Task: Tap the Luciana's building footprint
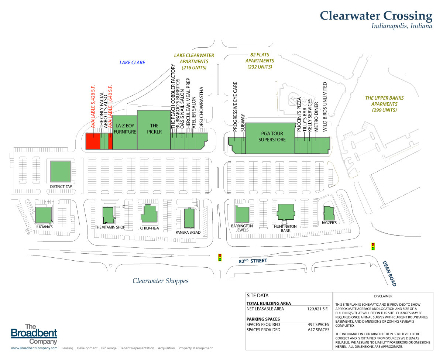(x=43, y=215)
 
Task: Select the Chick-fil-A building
(x=149, y=214)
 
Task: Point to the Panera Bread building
(x=189, y=218)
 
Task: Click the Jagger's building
(x=329, y=213)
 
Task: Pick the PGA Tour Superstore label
(x=272, y=137)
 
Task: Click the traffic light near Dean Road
(x=373, y=246)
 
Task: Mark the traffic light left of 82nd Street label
(x=220, y=257)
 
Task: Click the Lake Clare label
(x=132, y=63)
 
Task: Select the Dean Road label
(x=390, y=274)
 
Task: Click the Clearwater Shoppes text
(x=161, y=281)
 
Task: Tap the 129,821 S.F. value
(x=318, y=309)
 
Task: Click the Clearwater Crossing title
(x=376, y=16)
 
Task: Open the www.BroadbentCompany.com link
(x=34, y=348)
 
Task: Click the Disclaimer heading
(x=383, y=296)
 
